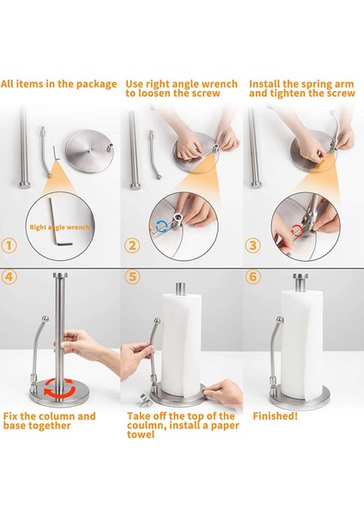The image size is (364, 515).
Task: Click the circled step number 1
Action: (x=9, y=245)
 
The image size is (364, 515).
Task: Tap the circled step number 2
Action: (x=132, y=245)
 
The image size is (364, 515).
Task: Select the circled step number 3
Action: (x=253, y=245)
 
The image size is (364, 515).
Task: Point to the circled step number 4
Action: (x=9, y=276)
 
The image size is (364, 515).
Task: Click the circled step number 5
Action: (x=132, y=276)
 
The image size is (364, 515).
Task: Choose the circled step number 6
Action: (x=253, y=276)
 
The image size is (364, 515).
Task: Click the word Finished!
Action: (x=276, y=416)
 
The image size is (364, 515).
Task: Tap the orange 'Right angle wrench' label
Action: (x=59, y=227)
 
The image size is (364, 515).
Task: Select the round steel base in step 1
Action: (x=89, y=151)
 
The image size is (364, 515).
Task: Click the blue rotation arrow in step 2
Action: (x=161, y=226)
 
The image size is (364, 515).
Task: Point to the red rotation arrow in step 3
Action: (x=297, y=230)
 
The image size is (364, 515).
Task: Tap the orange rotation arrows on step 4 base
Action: (x=60, y=388)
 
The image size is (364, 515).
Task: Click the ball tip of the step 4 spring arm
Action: (x=45, y=318)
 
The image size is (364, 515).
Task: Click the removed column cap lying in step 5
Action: (x=144, y=398)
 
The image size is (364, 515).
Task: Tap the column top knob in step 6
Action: (x=300, y=282)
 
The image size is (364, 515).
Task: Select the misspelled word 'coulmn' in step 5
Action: (x=144, y=426)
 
